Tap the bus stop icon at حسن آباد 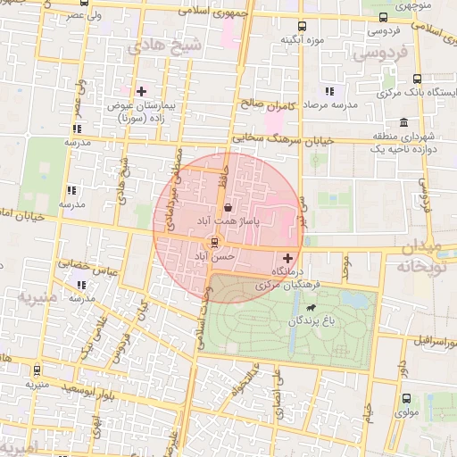[213, 243]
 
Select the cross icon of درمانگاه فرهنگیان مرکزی [287, 257]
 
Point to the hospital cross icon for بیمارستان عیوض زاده [141, 91]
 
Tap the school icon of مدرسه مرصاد [329, 91]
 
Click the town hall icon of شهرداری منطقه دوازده [404, 122]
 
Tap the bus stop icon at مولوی [406, 399]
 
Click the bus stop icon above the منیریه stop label [36, 370]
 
